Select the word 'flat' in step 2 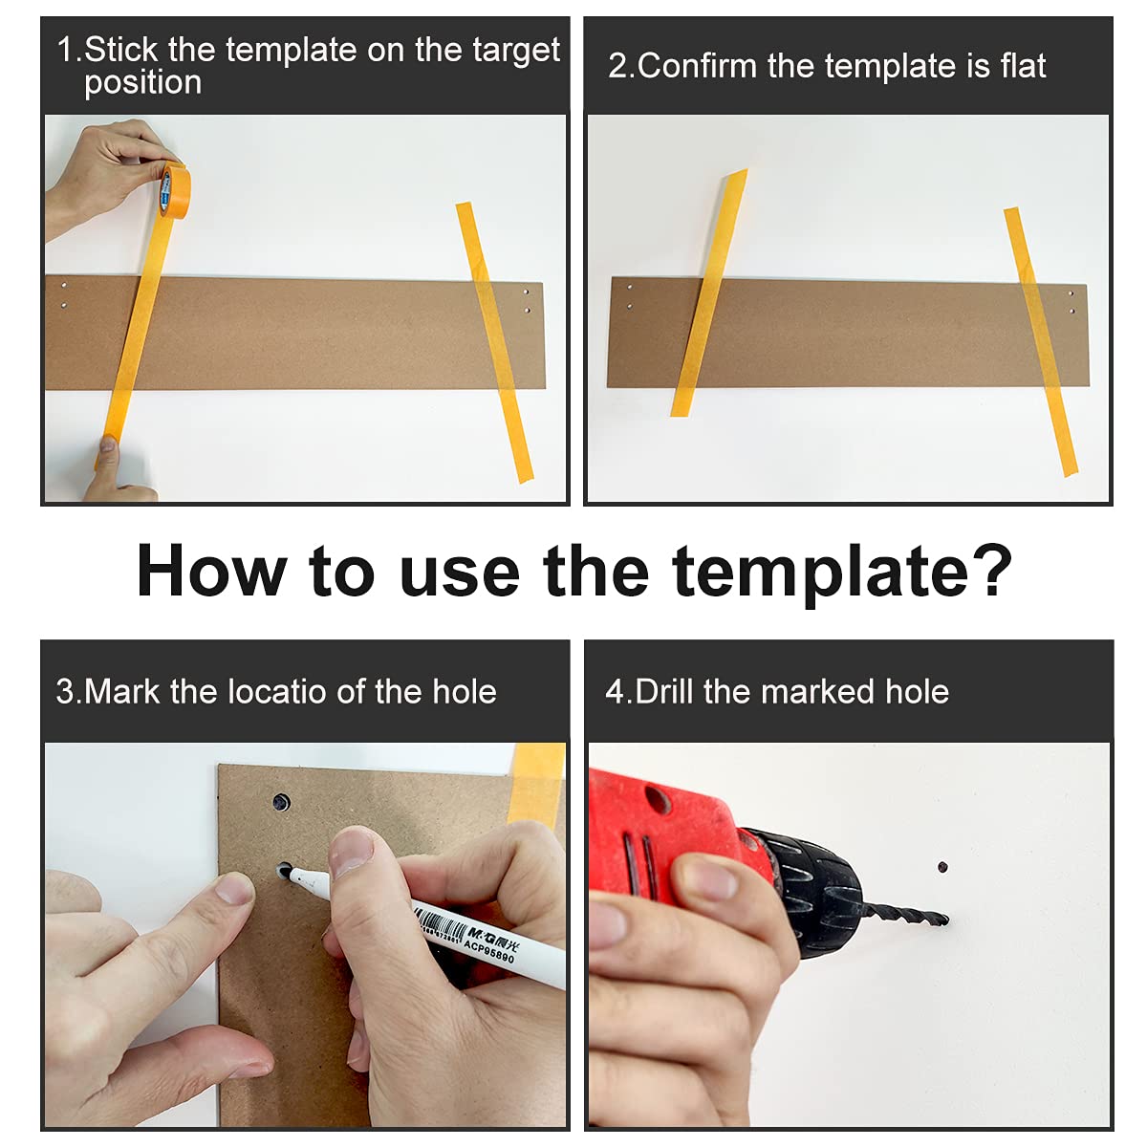(1023, 65)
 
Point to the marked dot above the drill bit (942, 867)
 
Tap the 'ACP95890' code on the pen (488, 951)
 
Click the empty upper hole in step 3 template (281, 803)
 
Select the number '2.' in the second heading (621, 66)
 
